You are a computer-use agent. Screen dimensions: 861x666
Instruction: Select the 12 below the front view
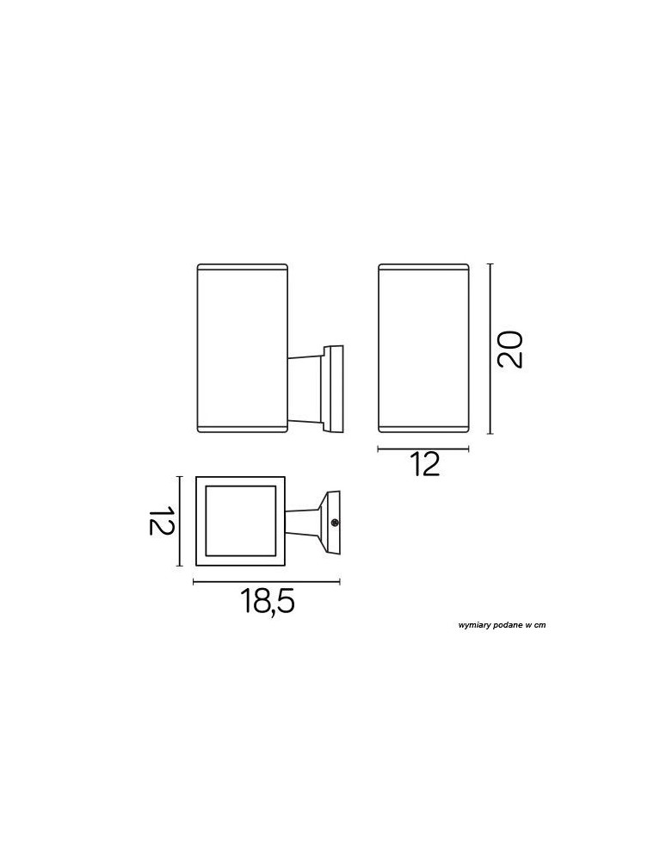[x=425, y=465]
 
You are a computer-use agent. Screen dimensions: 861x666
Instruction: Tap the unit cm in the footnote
[x=540, y=625]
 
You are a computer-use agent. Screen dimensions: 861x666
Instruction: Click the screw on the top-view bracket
[x=334, y=521]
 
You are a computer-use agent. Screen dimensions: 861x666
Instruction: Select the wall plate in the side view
[x=335, y=389]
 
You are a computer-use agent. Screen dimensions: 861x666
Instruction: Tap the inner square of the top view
[x=241, y=521]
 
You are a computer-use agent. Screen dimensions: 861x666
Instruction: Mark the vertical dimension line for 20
[x=490, y=349]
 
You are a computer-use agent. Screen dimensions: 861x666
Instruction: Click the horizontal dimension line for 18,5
[x=268, y=583]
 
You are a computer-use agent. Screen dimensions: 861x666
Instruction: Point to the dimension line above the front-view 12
[x=423, y=449]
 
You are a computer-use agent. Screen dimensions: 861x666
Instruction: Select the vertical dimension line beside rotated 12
[x=179, y=521]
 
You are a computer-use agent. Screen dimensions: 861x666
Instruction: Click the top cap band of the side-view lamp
[x=241, y=268]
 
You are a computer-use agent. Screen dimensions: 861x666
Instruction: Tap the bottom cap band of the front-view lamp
[x=423, y=428]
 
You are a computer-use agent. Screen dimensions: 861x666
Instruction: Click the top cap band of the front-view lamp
[x=423, y=268]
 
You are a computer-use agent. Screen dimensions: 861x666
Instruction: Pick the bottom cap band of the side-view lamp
[x=241, y=428]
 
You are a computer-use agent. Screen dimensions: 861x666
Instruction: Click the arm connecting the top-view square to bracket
[x=303, y=522]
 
